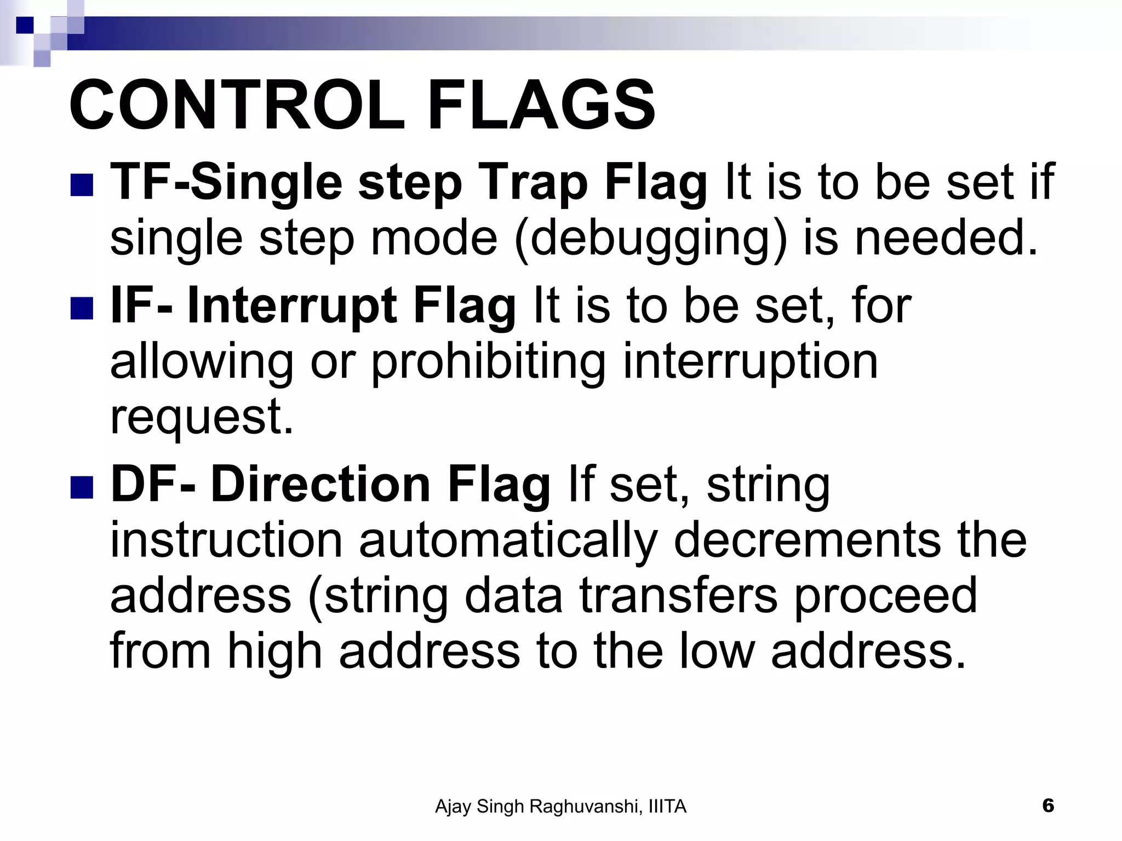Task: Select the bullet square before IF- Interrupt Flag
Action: [82, 308]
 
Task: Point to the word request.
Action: [202, 419]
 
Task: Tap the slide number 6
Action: [1047, 805]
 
